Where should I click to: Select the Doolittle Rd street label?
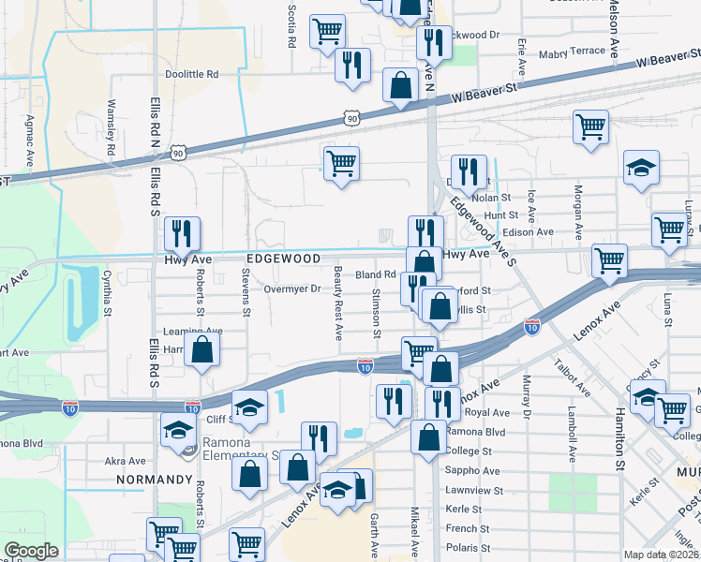192,74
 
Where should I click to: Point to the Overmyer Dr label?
291,289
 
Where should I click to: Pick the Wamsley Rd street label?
111,127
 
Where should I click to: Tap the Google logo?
31,551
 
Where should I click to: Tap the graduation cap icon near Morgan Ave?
641,169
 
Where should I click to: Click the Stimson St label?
377,313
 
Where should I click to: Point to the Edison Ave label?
529,231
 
